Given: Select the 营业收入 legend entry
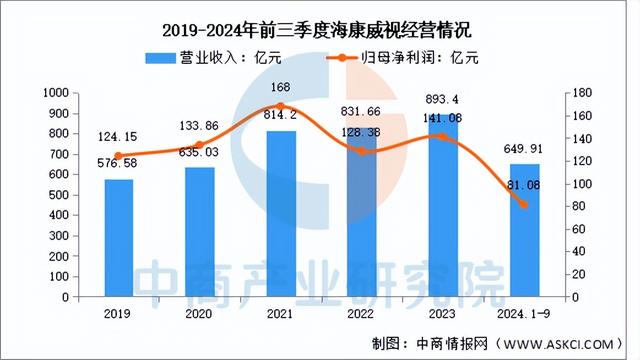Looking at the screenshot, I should click(206, 58).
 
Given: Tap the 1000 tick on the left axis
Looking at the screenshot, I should click(83, 92).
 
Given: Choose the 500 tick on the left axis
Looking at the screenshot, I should click(87, 195).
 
